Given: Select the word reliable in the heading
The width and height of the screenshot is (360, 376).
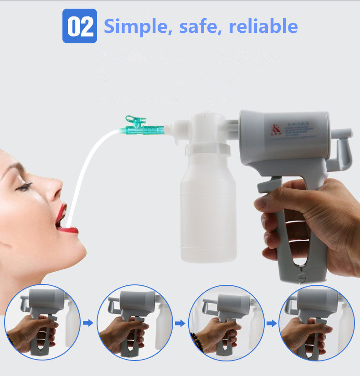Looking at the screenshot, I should pos(263,26).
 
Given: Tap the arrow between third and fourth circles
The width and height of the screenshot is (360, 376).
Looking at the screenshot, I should pos(272,323).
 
